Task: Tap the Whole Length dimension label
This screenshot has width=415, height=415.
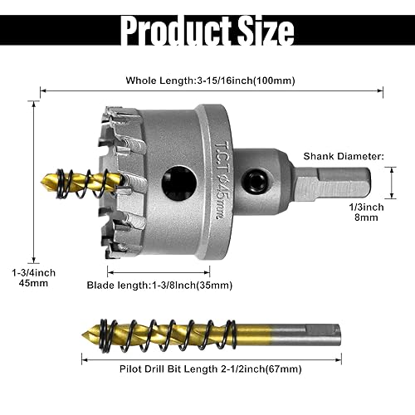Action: point(211,81)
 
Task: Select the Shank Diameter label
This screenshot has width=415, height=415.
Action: point(343,155)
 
